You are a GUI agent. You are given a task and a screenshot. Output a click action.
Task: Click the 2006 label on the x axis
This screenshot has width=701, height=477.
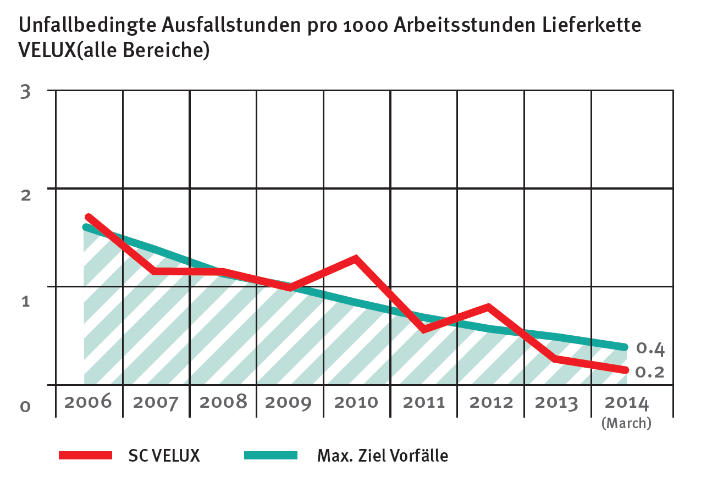[88, 402]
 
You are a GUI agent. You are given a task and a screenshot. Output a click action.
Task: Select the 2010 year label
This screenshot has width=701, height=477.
[356, 402]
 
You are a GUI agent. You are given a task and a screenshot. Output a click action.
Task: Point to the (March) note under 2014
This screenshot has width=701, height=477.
[626, 423]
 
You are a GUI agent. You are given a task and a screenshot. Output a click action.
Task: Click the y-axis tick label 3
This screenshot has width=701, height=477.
[25, 91]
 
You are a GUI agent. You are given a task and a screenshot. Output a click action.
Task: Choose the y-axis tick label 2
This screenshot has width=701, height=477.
[25, 195]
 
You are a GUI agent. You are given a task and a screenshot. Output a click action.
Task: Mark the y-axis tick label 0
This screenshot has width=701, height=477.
[25, 407]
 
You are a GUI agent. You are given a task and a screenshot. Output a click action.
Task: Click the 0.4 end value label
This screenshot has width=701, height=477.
[650, 348]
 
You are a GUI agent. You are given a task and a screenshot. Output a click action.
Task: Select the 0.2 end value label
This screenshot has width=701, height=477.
[650, 372]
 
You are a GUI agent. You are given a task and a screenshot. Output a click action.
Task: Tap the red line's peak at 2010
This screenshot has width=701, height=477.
[356, 258]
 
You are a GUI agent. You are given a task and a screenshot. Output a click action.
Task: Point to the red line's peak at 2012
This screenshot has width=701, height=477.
[488, 307]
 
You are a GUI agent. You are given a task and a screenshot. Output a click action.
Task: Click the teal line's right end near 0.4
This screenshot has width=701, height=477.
[624, 347]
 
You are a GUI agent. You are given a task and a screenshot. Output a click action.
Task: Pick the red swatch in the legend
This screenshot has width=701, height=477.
[85, 455]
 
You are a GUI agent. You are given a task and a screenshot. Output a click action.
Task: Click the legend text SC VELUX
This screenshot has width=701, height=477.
[164, 456]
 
